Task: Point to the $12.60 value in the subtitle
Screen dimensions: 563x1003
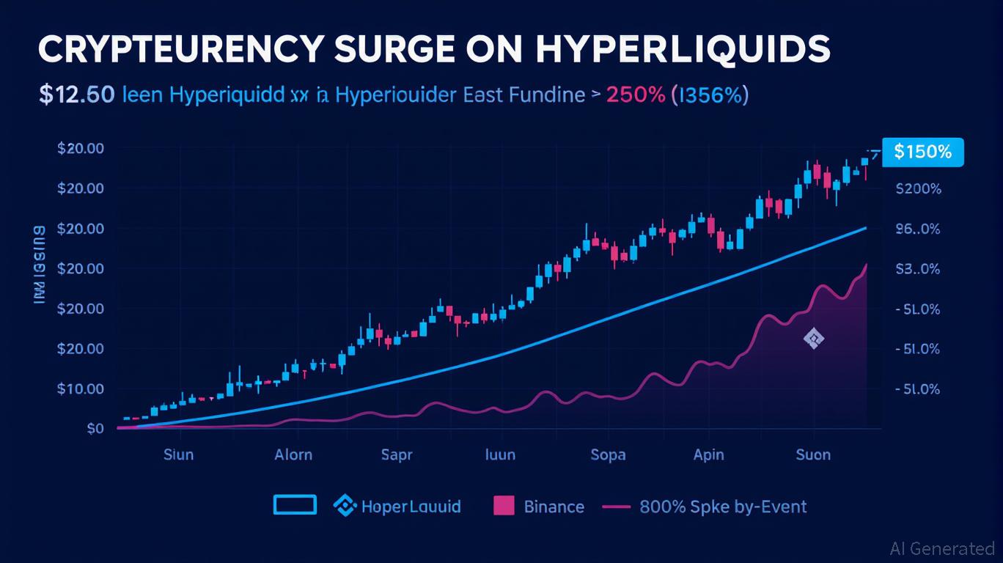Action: tap(76, 95)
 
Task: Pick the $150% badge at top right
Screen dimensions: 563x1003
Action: tap(922, 152)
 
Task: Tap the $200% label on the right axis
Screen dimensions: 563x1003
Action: tap(918, 188)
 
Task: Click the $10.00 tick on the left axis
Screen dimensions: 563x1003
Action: tap(80, 389)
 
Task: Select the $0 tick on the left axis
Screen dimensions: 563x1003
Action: tap(95, 428)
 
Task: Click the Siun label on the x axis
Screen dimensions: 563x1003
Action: tap(178, 455)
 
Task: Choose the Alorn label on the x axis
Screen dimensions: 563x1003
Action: tap(293, 455)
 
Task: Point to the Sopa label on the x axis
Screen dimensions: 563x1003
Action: tap(608, 455)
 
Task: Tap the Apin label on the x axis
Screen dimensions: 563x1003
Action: tap(708, 455)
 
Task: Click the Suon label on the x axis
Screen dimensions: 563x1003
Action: tap(813, 455)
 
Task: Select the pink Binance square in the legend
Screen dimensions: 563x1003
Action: tap(504, 506)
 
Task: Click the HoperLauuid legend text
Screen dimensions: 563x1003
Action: tap(411, 507)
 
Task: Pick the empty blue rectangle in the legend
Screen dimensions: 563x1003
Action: tap(295, 505)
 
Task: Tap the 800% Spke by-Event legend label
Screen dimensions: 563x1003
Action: tap(722, 507)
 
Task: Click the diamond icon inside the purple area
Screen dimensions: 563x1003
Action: tap(814, 339)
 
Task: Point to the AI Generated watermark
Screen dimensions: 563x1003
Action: tap(941, 548)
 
